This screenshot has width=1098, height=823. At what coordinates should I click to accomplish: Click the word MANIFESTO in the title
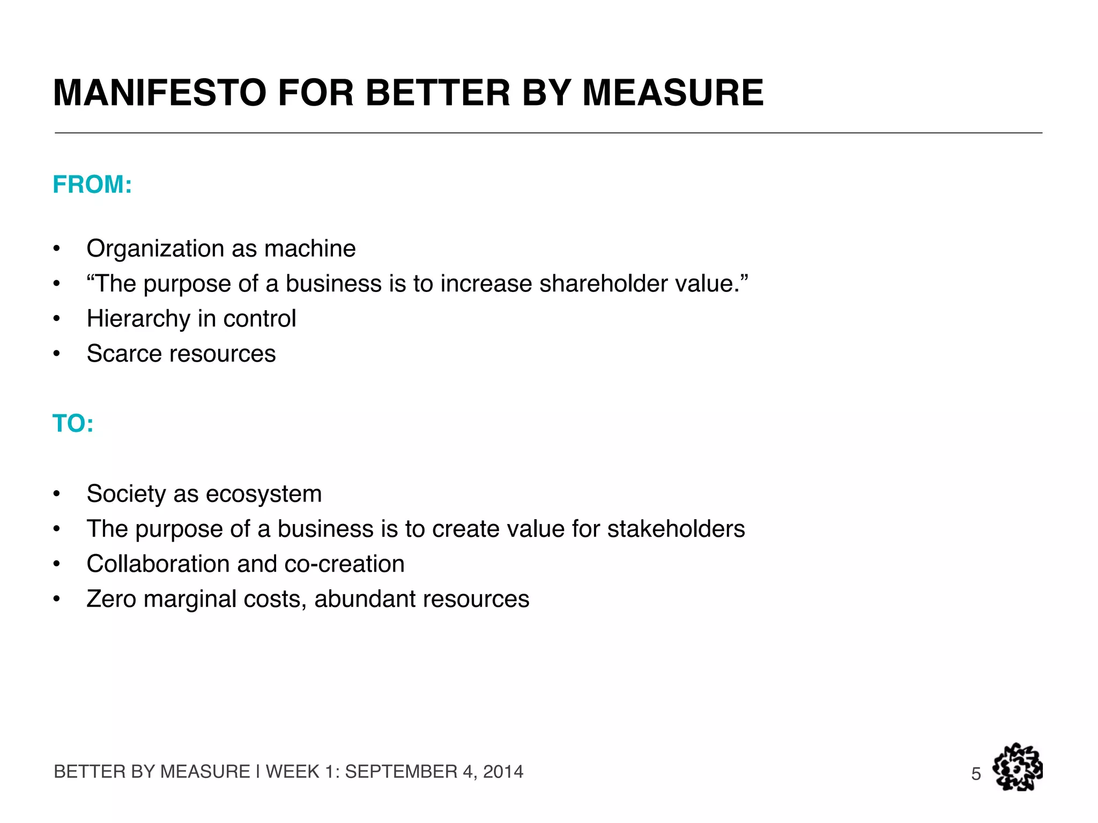click(x=159, y=93)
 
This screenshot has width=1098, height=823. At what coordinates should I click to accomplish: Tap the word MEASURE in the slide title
click(x=673, y=93)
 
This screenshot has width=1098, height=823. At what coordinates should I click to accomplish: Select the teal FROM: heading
click(x=92, y=185)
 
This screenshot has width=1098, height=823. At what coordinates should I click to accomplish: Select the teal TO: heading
click(x=73, y=424)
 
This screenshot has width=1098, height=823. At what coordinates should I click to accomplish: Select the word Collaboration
click(x=158, y=564)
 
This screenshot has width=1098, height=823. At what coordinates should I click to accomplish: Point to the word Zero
click(x=111, y=599)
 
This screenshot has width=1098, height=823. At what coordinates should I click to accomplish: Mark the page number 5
click(x=976, y=774)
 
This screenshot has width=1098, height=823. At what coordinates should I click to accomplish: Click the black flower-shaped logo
click(x=1017, y=767)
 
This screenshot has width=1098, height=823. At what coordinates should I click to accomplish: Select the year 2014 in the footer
click(x=503, y=772)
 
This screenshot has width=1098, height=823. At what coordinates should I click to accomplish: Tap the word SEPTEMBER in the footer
click(x=401, y=772)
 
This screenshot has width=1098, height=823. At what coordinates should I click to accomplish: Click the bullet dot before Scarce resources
click(x=56, y=354)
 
